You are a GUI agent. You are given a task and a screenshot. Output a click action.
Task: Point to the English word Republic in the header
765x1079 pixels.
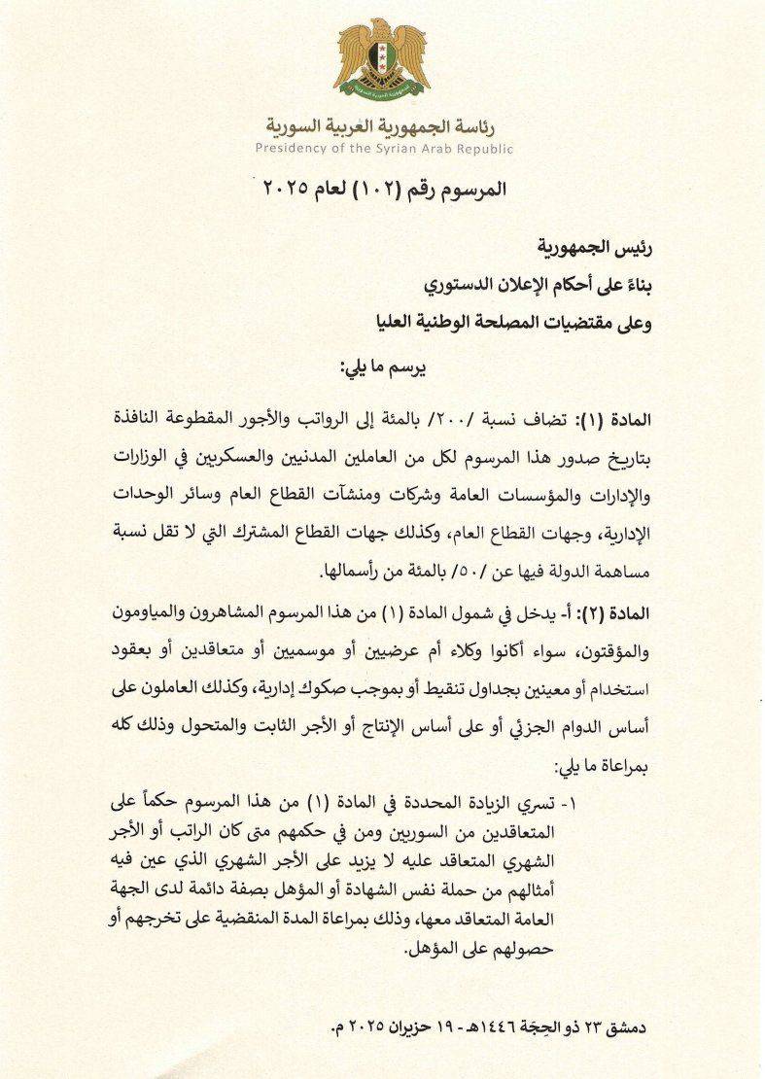point(481,149)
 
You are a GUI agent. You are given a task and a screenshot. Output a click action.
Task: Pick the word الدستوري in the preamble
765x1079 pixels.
point(466,286)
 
